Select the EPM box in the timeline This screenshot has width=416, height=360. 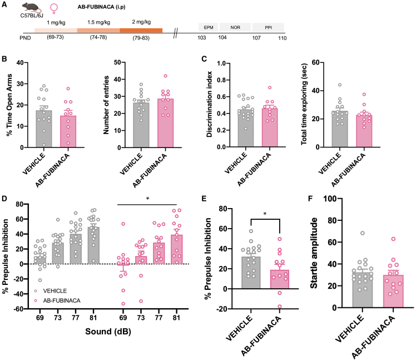pos(208,27)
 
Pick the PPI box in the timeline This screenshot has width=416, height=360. pos(267,27)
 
